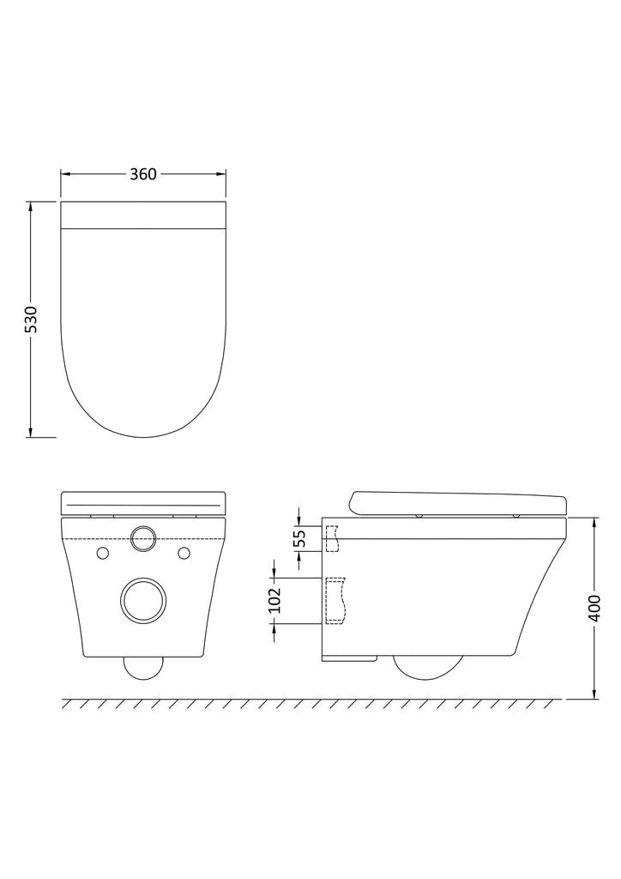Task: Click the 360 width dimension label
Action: pyautogui.click(x=143, y=174)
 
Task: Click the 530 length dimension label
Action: pyautogui.click(x=31, y=319)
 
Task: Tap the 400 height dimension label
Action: pyautogui.click(x=594, y=608)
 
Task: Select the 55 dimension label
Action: pyautogui.click(x=300, y=538)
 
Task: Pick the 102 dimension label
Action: pyautogui.click(x=274, y=600)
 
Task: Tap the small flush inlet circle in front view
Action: pyautogui.click(x=142, y=538)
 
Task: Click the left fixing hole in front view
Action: pyautogui.click(x=102, y=553)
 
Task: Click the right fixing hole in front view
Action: pyautogui.click(x=184, y=553)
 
